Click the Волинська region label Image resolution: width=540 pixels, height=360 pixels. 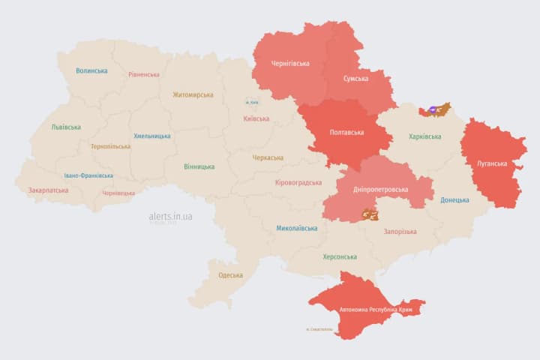tap(91, 71)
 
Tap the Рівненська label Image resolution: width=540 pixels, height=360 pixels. tap(143, 75)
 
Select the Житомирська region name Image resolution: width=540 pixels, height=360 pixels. tap(193, 95)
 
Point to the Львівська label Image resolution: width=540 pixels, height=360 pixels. tap(66, 127)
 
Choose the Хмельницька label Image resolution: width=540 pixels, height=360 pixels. tap(151, 136)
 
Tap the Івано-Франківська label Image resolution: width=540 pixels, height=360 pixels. tap(88, 175)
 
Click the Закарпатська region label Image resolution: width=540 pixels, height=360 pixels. tap(48, 190)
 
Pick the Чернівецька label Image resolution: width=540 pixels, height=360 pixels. tap(118, 193)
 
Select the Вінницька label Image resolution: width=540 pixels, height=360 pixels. tap(199, 166)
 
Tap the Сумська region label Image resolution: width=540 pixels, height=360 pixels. tap(355, 79)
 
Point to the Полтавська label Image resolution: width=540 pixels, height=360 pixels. tap(346, 133)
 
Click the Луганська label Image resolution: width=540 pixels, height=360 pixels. tap(492, 163)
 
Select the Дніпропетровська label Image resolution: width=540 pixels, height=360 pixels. tap(382, 190)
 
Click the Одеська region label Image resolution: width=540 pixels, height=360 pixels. tap(230, 275)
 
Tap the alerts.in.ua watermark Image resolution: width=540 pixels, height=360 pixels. tap(170, 216)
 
